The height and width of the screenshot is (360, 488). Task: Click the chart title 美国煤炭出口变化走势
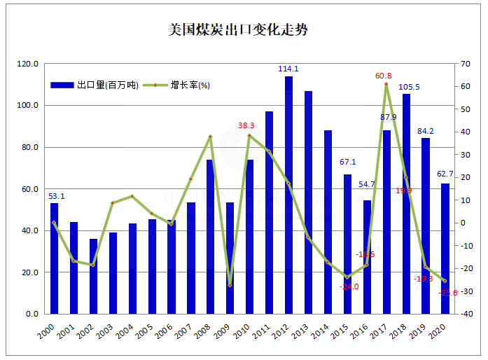[238, 30]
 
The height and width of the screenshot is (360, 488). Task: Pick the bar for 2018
[406, 203]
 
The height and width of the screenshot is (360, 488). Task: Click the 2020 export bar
[445, 249]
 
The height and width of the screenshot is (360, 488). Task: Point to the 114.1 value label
[288, 69]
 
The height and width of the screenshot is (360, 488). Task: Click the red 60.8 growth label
[384, 76]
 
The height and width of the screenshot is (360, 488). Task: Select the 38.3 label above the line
[246, 126]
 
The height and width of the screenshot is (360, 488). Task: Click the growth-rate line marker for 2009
[230, 285]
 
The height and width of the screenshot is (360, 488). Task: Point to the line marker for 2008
[210, 137]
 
